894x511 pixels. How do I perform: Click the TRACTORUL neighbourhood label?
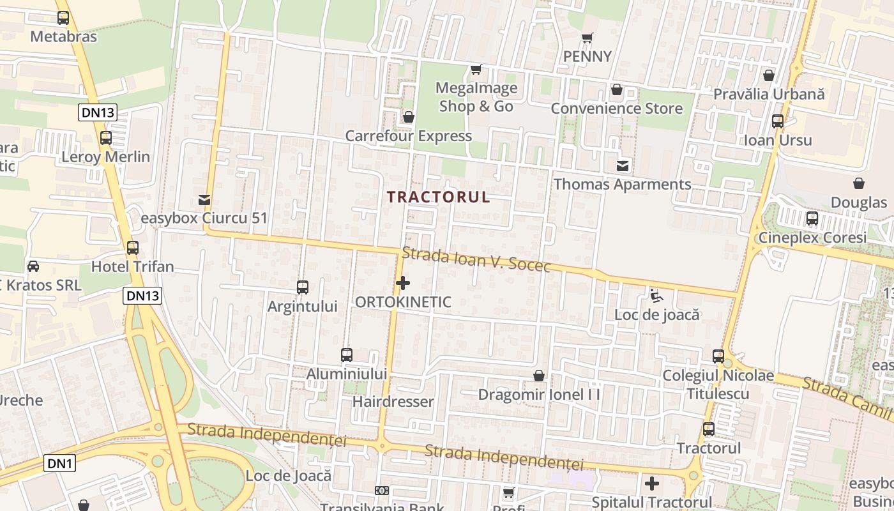pos(439,197)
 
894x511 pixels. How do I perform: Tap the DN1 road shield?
pos(59,463)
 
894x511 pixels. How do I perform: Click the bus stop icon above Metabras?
pos(63,18)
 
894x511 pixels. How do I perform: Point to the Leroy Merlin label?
pos(105,157)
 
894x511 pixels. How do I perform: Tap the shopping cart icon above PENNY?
pos(587,38)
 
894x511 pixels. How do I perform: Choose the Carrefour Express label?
pos(408,136)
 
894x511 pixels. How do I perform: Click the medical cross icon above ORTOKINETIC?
pos(403,283)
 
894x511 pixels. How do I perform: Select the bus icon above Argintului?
pos(303,287)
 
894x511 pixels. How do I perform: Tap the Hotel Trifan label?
pos(132,266)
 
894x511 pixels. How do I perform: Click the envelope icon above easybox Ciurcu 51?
pos(204,199)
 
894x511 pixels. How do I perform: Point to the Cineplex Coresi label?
pos(812,238)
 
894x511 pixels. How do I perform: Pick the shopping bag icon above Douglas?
pos(859,184)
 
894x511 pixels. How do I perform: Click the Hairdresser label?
pos(393,402)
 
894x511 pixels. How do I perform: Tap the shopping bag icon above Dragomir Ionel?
pos(539,376)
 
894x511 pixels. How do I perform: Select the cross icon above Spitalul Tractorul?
pos(651,484)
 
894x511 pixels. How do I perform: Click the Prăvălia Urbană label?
pos(769,95)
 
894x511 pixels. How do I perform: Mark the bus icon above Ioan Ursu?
pos(778,121)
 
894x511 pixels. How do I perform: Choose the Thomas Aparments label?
pos(622,185)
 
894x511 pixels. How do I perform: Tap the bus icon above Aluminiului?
pos(347,355)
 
